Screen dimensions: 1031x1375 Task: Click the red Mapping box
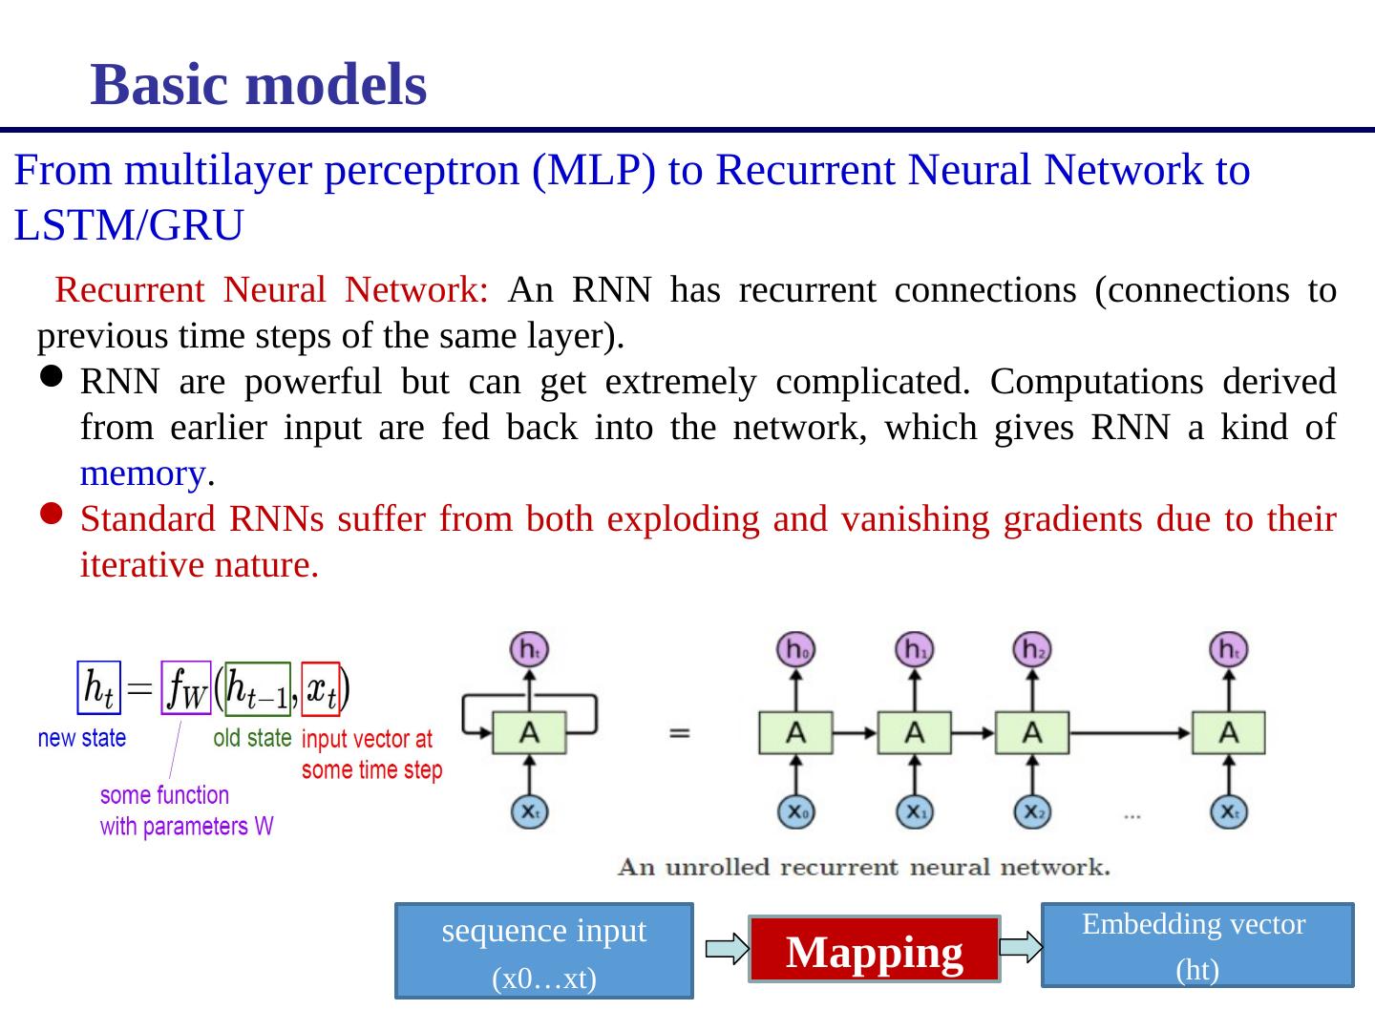[x=874, y=951]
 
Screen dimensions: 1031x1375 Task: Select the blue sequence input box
[x=543, y=951]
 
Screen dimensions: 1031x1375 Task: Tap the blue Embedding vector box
[x=1196, y=945]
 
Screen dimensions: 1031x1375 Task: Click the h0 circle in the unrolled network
[x=794, y=650]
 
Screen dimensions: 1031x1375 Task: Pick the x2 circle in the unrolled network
[x=1031, y=812]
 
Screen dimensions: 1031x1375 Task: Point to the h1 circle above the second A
[x=914, y=650]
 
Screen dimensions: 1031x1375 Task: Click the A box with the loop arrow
[x=529, y=733]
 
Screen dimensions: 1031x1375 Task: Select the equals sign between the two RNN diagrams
[x=679, y=733]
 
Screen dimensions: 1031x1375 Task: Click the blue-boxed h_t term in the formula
[x=98, y=687]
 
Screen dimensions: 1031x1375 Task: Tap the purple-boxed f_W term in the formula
[x=185, y=687]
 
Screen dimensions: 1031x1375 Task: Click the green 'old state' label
[x=252, y=738]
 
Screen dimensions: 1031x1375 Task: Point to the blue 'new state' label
[x=81, y=738]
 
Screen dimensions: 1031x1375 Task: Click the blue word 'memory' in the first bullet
[x=142, y=473]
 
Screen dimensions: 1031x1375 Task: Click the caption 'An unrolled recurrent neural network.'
[x=863, y=867]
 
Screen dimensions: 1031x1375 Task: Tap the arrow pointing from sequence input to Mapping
[x=727, y=949]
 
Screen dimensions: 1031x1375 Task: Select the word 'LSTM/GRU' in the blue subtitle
[x=129, y=226]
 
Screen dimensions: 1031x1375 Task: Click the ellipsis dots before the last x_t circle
[x=1132, y=815]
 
